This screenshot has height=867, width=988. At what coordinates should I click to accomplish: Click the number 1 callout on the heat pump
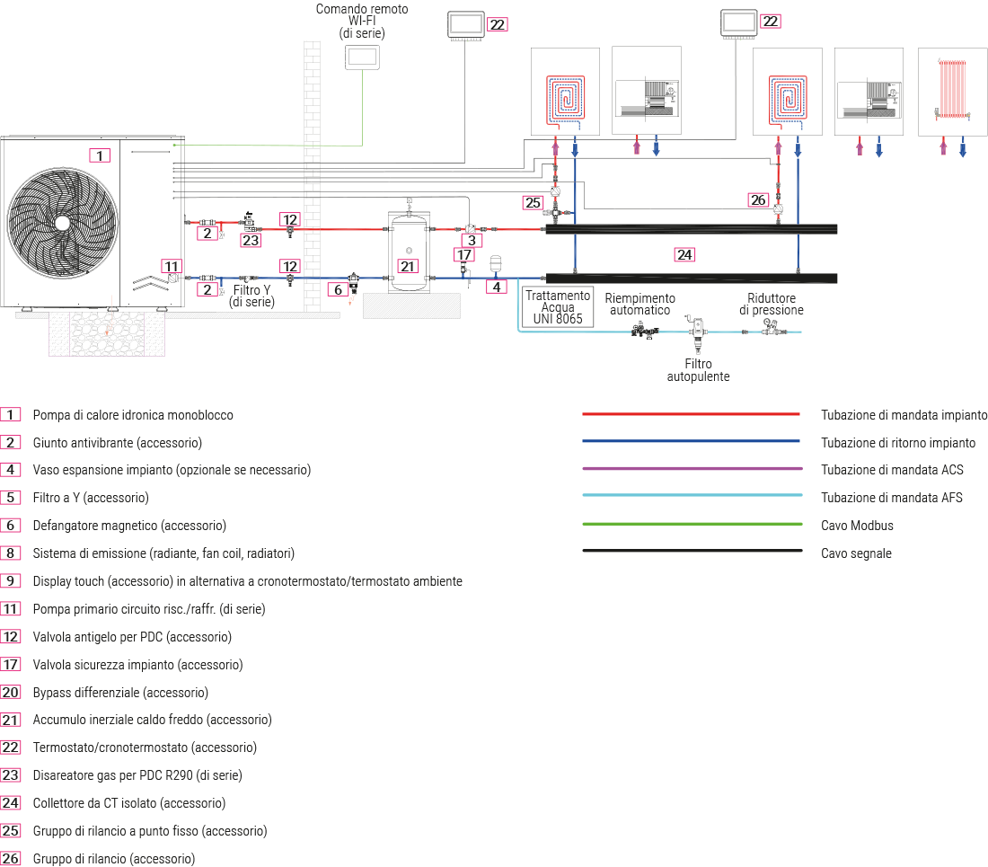click(101, 155)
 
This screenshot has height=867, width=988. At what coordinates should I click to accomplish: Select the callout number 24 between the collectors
click(684, 255)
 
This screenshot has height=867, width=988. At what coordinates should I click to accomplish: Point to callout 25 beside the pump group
click(534, 203)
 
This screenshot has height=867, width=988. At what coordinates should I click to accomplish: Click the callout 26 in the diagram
click(759, 199)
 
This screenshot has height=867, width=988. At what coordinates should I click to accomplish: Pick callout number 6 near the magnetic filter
click(339, 289)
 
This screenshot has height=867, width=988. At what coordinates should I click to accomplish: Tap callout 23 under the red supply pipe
click(250, 240)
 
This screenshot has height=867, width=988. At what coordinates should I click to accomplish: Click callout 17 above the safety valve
click(463, 256)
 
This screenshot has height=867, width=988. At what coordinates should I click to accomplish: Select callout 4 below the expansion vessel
click(496, 288)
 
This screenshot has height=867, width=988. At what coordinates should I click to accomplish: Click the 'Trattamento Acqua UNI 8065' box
click(558, 306)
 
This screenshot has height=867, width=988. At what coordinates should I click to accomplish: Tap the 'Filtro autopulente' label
click(698, 370)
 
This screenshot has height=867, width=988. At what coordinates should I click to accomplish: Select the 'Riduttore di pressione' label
click(771, 305)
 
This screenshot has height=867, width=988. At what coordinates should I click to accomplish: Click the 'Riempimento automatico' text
click(640, 305)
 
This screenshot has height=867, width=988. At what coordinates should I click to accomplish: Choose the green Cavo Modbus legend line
click(691, 525)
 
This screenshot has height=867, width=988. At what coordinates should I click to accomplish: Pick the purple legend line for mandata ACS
click(691, 469)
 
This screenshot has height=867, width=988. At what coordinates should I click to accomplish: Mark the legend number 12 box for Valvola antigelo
click(11, 637)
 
